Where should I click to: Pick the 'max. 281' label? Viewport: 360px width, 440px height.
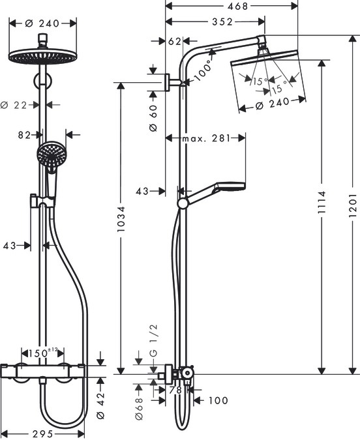(x=205, y=138)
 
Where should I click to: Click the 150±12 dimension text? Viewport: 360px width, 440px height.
(x=44, y=353)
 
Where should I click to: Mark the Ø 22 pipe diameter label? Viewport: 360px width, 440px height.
(x=19, y=104)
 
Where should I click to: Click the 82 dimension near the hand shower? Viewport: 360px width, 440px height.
(x=25, y=135)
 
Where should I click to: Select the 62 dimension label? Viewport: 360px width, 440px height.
(x=174, y=41)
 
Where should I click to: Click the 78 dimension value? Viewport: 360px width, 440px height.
(x=175, y=390)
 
